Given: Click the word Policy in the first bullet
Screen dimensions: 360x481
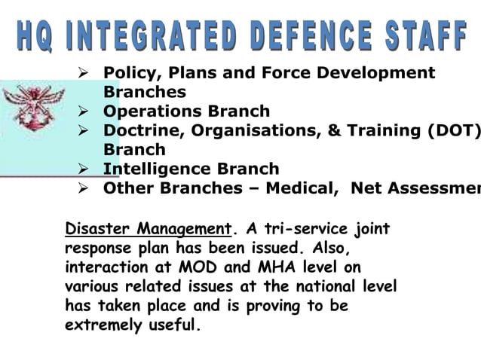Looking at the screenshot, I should pyautogui.click(x=126, y=73).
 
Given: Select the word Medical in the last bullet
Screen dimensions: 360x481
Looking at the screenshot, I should pyautogui.click(x=305, y=188).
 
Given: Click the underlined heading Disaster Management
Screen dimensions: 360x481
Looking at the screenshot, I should pyautogui.click(x=147, y=229).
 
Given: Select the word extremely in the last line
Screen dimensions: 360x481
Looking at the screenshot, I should pyautogui.click(x=98, y=326).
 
